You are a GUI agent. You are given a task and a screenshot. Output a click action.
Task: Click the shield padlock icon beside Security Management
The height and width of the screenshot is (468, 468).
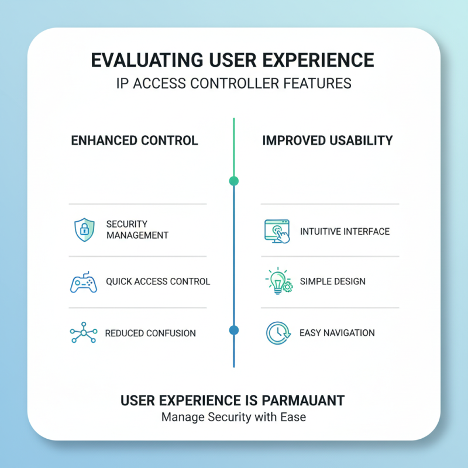click(84, 230)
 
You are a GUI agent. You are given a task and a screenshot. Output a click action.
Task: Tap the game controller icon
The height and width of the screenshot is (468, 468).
click(84, 282)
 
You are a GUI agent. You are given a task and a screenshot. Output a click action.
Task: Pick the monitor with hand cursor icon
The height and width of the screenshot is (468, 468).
click(277, 232)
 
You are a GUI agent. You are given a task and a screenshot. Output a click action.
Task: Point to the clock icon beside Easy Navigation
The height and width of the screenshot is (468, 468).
click(277, 333)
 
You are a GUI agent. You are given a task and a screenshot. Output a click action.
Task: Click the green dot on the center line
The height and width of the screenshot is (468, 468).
click(234, 181)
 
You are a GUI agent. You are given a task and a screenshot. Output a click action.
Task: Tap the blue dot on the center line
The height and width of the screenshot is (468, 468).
click(234, 331)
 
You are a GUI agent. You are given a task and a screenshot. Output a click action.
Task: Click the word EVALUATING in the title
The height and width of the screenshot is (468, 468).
click(152, 60)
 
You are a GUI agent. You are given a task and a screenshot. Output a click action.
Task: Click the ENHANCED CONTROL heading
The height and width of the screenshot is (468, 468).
click(135, 141)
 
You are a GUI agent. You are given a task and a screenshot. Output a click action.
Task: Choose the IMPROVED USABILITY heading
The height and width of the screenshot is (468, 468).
click(328, 141)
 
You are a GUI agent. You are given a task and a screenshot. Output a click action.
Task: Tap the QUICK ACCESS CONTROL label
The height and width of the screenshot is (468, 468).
click(158, 281)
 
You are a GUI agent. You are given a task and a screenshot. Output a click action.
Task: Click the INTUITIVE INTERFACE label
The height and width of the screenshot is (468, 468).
click(345, 232)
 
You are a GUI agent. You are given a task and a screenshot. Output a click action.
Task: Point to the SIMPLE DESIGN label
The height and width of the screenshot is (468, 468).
click(333, 281)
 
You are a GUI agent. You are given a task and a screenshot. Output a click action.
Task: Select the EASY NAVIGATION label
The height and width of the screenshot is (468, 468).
click(337, 333)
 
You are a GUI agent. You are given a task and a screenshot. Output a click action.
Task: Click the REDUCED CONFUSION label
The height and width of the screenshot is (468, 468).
click(150, 333)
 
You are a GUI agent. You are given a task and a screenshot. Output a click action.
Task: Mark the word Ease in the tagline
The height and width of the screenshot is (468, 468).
click(294, 418)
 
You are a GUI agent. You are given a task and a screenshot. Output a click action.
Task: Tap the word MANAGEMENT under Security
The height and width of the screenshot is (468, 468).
click(137, 235)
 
